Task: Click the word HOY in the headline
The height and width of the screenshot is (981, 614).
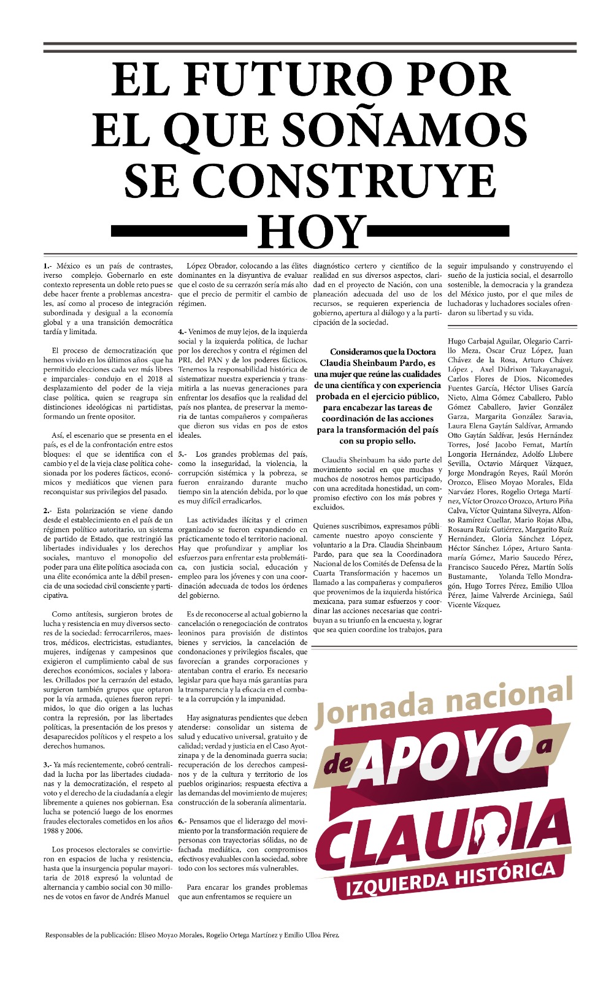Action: tap(312, 231)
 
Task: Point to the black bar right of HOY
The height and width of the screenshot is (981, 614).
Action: tap(439, 231)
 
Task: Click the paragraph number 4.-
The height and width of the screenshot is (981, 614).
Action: tap(182, 332)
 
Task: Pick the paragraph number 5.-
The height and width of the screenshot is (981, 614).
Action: tap(182, 454)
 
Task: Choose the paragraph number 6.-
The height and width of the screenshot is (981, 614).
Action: tap(182, 821)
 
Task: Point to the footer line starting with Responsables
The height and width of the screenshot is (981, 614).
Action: tap(192, 935)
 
